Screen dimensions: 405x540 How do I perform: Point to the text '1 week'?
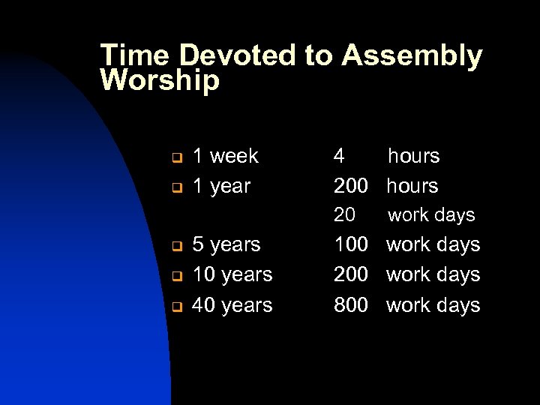(x=225, y=156)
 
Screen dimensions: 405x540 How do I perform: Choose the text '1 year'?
(x=221, y=185)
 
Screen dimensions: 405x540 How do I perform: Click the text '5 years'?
(x=226, y=244)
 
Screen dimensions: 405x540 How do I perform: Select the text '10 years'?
(x=232, y=274)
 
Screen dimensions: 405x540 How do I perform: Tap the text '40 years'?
(x=232, y=304)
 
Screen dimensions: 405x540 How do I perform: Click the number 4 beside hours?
(x=340, y=156)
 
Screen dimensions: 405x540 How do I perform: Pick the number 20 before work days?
(x=344, y=215)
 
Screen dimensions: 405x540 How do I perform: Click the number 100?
(x=350, y=244)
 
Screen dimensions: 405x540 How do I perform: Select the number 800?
(x=350, y=304)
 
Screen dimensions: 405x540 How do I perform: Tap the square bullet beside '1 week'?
(x=172, y=158)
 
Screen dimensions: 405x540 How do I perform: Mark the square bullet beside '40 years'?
(x=172, y=307)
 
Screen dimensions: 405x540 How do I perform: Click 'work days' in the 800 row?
(x=433, y=304)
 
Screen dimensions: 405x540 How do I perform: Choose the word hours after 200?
(x=412, y=185)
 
